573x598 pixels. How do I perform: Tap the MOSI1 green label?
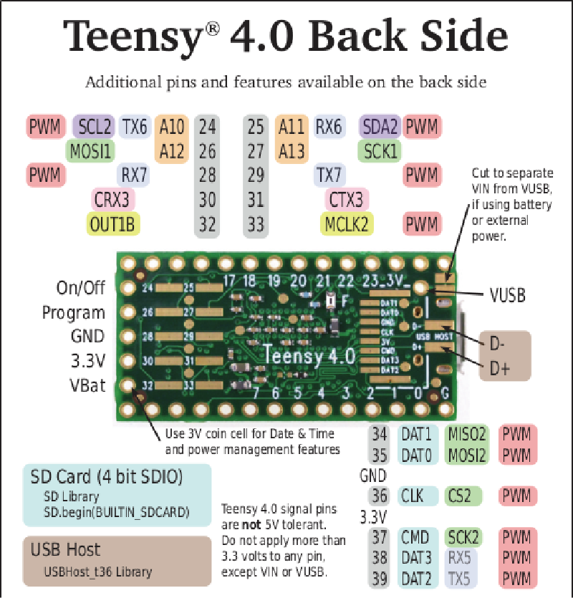tap(91, 151)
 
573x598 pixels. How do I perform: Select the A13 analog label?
tap(292, 151)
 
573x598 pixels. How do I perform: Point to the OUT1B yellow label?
tap(112, 224)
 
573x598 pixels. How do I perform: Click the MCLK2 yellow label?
tap(347, 224)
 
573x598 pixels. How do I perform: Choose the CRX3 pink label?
tap(111, 199)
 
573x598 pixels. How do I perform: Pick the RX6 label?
tap(329, 127)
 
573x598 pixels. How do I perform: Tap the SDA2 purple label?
tap(380, 127)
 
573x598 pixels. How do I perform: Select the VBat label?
tap(88, 385)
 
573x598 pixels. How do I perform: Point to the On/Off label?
tap(81, 288)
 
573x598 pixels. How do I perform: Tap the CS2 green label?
tap(459, 496)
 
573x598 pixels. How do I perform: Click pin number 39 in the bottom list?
tap(380, 578)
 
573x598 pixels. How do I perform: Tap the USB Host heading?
tap(65, 550)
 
